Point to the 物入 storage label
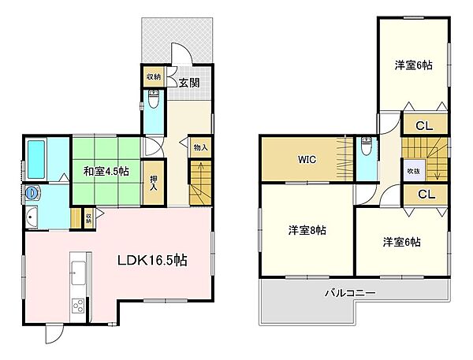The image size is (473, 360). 200,147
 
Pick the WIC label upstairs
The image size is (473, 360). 307,159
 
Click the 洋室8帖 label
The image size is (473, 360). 307,231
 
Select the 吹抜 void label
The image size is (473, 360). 414,172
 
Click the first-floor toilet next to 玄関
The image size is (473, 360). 155,101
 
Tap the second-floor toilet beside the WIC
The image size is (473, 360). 366,147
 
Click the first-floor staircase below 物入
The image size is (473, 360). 199,180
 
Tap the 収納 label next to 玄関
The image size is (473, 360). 153,77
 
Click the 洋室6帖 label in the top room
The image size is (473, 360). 413,65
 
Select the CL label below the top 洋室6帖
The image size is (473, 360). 424,124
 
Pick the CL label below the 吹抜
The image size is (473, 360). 424,194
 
